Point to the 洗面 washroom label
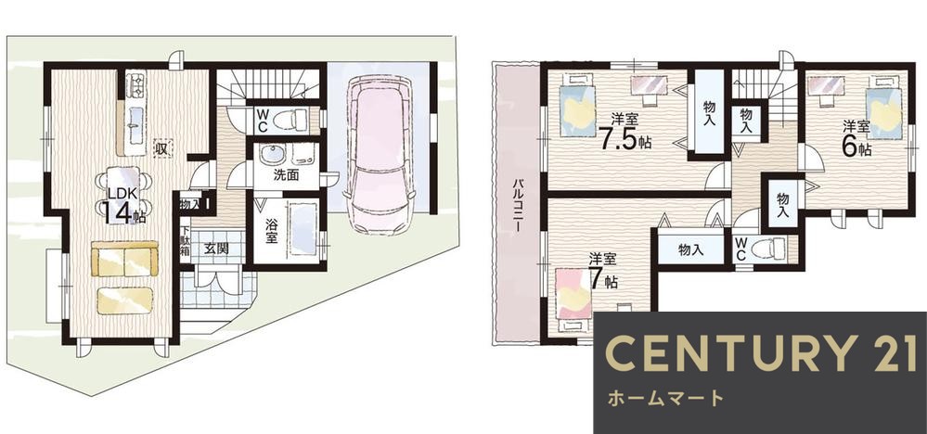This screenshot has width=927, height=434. (285, 173)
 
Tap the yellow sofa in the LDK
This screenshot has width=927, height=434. (122, 260)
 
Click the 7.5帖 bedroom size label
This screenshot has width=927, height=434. (624, 135)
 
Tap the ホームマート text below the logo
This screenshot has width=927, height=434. (664, 399)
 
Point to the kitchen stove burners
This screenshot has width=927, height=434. (135, 86)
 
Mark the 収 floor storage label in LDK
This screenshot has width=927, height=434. (161, 147)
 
